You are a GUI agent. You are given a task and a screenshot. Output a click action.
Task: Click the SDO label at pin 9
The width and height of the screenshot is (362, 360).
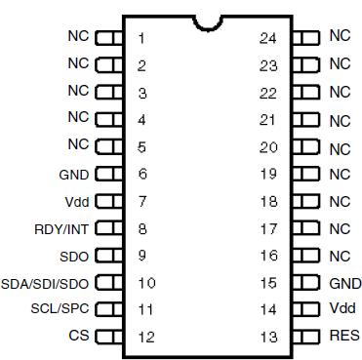point(74,257)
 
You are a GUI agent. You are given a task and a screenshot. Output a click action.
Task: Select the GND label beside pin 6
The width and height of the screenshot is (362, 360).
point(74,176)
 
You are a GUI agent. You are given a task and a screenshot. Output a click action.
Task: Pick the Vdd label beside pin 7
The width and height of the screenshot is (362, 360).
point(77,202)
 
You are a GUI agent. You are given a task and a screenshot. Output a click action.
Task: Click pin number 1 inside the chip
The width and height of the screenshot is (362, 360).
point(142,39)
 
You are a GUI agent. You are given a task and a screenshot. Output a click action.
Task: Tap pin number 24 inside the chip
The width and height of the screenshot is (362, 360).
point(267,39)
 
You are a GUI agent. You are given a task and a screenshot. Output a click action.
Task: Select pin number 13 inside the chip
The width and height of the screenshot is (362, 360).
point(267,338)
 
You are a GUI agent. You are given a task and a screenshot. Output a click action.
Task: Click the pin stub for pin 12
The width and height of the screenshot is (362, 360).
point(109,338)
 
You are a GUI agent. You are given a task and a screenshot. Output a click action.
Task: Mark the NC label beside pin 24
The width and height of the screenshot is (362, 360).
point(339,36)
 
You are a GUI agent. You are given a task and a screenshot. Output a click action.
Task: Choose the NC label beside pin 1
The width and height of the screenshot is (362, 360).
point(78,38)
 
